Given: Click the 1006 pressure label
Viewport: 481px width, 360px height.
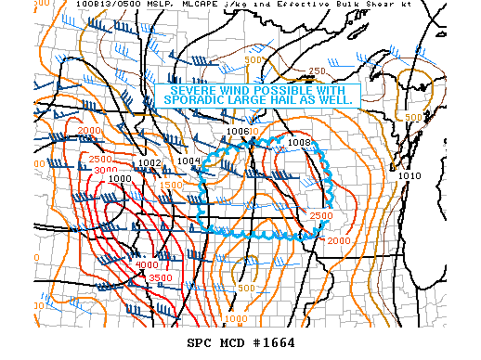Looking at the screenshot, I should (237, 132).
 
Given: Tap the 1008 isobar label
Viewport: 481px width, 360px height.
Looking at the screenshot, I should (298, 142).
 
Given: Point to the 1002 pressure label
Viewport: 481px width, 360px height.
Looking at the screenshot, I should (149, 163).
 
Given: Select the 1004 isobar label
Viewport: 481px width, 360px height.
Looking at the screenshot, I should (188, 161).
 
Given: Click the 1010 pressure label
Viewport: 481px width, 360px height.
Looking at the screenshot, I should (409, 175).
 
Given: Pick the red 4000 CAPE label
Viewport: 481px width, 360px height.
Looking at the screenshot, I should (146, 265).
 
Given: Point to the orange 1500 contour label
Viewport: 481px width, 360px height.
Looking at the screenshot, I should (171, 186).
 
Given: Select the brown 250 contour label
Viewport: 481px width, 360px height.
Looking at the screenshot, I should (317, 71).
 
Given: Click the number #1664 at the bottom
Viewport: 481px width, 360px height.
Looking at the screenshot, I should (275, 342).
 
